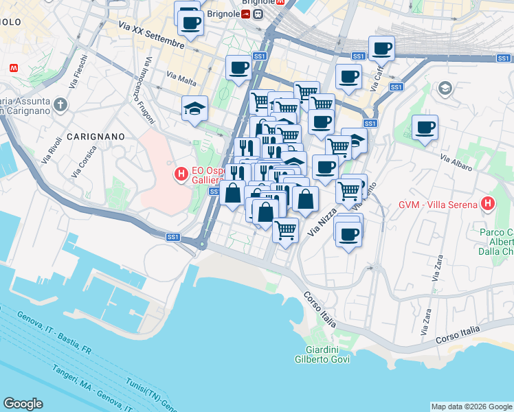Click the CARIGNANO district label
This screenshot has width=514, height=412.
point(96,137)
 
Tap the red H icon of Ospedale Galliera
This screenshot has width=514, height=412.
point(181,175)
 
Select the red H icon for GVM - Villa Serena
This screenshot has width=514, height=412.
point(488,203)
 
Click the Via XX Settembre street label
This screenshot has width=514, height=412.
point(151,35)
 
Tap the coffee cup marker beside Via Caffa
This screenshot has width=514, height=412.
point(381,48)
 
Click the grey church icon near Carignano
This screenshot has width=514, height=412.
point(60,105)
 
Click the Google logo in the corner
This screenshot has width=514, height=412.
point(23,404)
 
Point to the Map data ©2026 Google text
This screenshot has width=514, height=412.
point(471,407)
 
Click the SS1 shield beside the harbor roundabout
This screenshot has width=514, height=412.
point(172,237)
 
